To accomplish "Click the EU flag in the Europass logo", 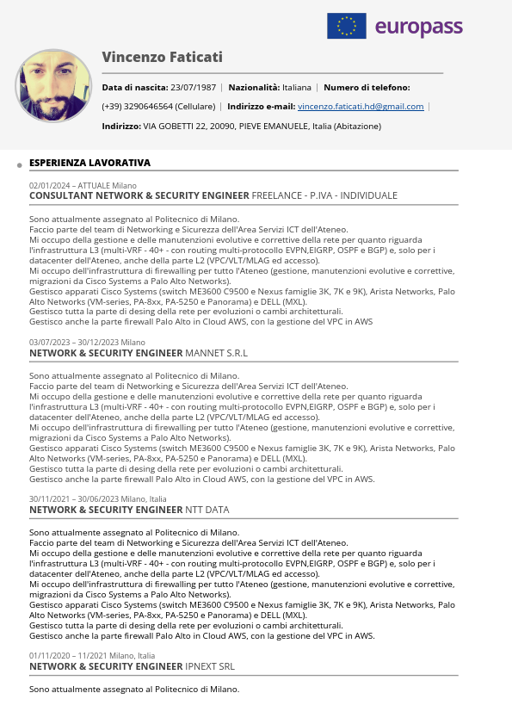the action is pos(346,26).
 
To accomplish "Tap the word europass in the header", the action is pos(419,28).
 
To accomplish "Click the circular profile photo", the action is pos(53,86).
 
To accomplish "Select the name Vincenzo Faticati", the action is pos(162,57).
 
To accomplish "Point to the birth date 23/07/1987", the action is pos(194,87).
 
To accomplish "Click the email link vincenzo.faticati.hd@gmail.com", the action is pos(361,107).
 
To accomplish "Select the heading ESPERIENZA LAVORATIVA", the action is pos(89,162).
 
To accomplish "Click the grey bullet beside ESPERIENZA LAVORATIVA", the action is pos(19,164).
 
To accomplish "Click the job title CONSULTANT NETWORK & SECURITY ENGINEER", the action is pos(139,195).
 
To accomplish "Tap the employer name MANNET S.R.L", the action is pos(216,353).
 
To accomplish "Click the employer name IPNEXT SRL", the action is pos(210,666).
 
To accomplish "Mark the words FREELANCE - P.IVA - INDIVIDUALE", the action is pos(324,195).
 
